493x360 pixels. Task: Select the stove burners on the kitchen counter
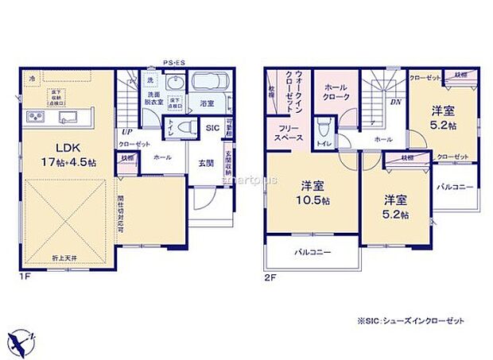coord(37,118)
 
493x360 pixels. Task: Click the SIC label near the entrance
coord(212,127)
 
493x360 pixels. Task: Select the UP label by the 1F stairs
coord(126,132)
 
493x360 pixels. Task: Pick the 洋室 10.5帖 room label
coord(312,193)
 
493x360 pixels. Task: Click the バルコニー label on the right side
coord(455,187)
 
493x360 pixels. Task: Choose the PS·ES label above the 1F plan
coord(173,62)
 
